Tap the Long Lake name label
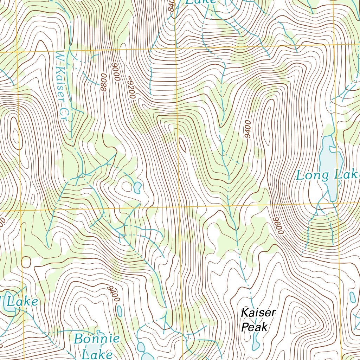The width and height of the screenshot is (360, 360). pos(327,175)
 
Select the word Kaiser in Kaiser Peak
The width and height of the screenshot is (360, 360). pos(258,312)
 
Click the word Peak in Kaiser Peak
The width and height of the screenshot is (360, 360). pos(254,327)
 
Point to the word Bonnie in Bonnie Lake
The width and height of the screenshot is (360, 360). pos(97,339)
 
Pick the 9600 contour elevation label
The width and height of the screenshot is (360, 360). pos(277,226)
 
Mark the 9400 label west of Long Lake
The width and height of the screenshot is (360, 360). pos(247,129)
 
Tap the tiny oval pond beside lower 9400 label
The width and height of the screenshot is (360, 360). pos(120,311)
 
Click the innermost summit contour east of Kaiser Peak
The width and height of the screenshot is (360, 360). pos(302,321)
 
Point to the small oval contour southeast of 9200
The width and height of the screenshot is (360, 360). pos(183,145)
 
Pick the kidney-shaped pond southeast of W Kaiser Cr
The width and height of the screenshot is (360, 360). pos(137,187)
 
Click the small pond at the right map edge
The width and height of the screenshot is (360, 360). pos(352,297)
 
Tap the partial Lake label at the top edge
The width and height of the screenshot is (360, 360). pos(200,2)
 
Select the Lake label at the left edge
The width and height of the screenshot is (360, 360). pos(22,302)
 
